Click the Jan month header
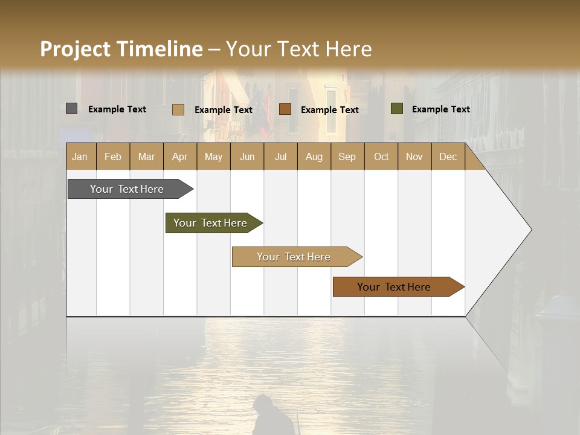pos(80,156)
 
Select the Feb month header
pos(113,156)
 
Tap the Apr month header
pos(179,156)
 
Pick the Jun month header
pos(247,156)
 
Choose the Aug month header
pos(314,156)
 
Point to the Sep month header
pos(347,156)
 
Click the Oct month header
pos(381,156)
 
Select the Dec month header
pos(448,156)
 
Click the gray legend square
pos(71,109)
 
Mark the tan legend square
pos(178,109)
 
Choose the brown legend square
pos(285,109)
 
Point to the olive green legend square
pos(396,109)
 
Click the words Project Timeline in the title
pos(121,49)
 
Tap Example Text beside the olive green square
pos(440,109)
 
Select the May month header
pos(213,156)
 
